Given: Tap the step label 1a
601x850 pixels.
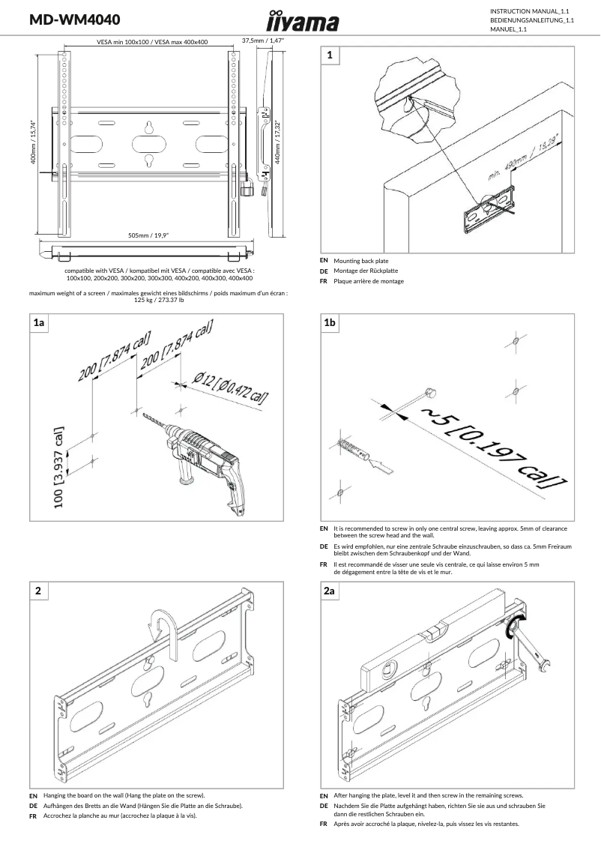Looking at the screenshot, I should click(40, 323).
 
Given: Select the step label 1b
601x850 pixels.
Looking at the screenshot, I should click(330, 323).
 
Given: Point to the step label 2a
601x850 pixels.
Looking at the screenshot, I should click(330, 591).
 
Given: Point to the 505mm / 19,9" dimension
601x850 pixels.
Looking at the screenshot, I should click(148, 235).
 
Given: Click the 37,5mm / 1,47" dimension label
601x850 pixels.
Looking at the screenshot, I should click(263, 40).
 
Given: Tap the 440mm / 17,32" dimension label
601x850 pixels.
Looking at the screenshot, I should click(278, 142).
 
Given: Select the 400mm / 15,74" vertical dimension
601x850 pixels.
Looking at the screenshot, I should click(34, 143).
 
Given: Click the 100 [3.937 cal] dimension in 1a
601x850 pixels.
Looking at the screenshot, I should click(59, 468).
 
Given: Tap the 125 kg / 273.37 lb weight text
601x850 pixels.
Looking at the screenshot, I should click(158, 300).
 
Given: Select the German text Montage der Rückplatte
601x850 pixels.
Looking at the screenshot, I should click(366, 271).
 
